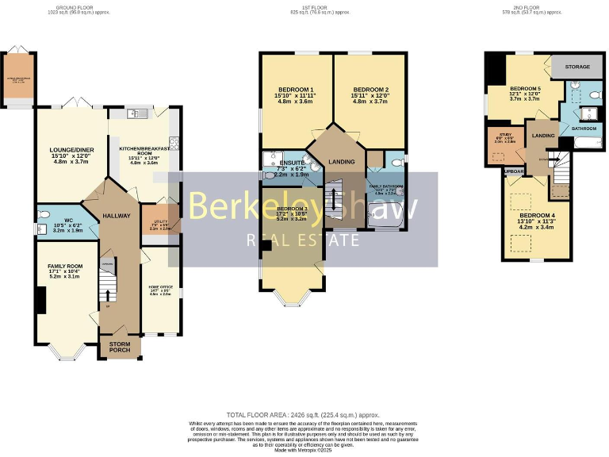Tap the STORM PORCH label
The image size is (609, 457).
click(x=120, y=346)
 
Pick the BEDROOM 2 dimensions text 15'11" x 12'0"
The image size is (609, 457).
click(x=370, y=95)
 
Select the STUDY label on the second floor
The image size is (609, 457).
click(x=504, y=134)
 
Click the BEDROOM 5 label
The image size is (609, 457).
click(x=524, y=88)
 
